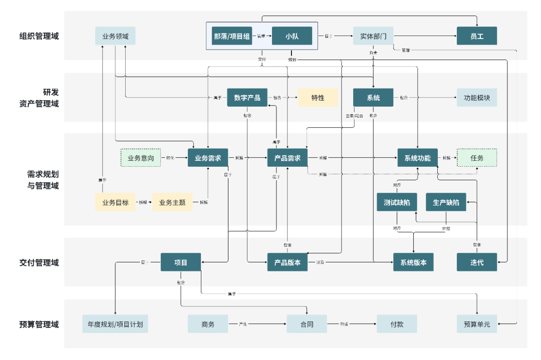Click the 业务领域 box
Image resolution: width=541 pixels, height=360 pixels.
[115, 36]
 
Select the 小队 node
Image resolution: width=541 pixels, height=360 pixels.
[292, 36]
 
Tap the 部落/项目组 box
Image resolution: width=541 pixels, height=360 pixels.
[232, 36]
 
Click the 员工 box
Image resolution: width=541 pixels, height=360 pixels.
[476, 36]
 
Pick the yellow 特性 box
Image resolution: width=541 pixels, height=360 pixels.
[318, 98]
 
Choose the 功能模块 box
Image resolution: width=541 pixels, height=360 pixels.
[476, 98]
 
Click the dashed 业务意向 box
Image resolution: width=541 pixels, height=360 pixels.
[141, 158]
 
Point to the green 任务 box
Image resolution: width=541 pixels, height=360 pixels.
[476, 158]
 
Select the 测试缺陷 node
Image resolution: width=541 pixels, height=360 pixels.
[397, 202]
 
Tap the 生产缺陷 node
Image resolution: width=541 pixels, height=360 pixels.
[446, 202]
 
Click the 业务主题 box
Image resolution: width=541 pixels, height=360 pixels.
[172, 202]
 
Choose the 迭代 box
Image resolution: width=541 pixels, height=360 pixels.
[476, 262]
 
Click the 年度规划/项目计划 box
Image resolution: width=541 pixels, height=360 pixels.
[115, 324]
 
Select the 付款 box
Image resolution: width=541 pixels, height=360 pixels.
[397, 324]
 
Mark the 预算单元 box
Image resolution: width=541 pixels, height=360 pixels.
[476, 324]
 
